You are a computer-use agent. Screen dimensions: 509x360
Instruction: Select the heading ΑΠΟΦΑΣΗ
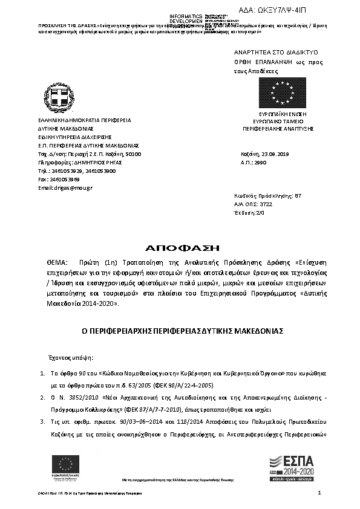(x=180, y=248)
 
